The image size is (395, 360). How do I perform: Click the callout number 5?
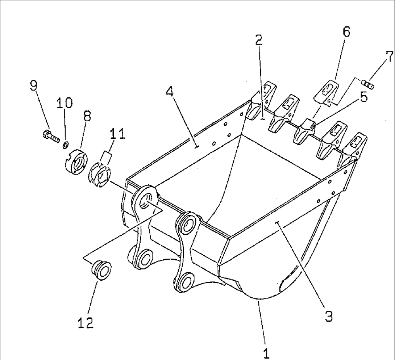pos(363,96)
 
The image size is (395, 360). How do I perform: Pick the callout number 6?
pos(346,32)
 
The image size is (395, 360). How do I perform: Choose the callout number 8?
pos(87,117)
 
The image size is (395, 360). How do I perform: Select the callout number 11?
pos(118,134)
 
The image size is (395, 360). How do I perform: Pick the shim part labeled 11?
pos(99,175)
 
